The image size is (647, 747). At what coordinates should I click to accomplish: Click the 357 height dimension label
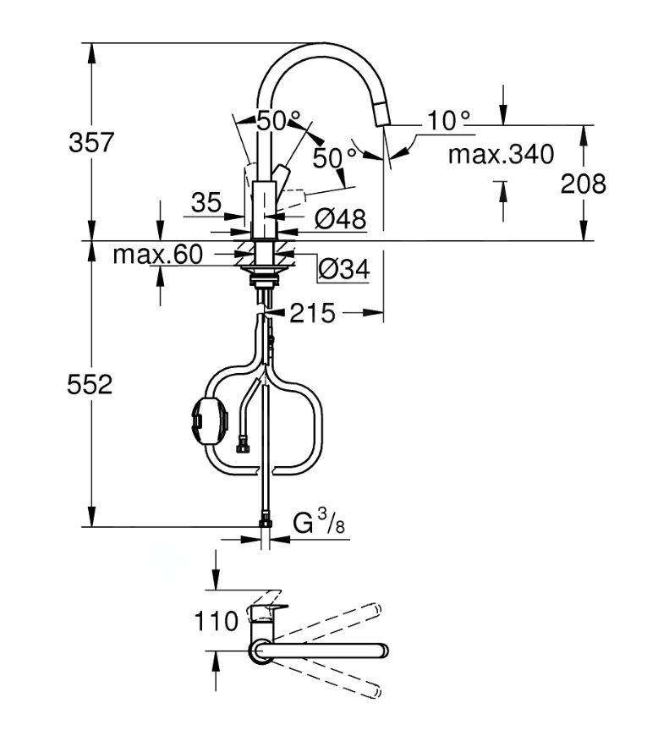coord(91,142)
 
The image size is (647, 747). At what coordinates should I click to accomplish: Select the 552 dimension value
coord(90,385)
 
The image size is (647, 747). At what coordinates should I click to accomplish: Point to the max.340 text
coord(501,155)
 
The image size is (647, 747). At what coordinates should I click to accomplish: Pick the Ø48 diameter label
coord(340,219)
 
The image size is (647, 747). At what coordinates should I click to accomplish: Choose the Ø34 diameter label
coord(343,269)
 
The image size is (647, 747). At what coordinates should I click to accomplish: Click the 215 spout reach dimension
coord(313,314)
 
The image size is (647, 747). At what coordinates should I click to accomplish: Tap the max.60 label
coord(158,254)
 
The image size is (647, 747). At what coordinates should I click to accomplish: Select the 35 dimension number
coord(206,202)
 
